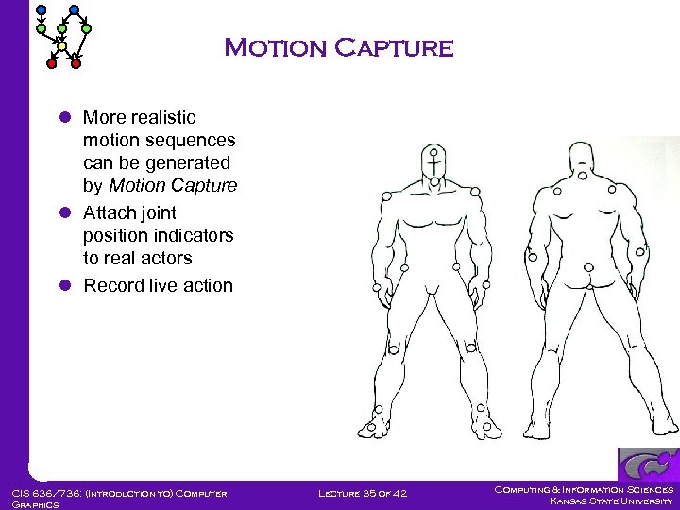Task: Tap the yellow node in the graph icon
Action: [x=61, y=45]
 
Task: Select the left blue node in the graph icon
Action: [x=40, y=11]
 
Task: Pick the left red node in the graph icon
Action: [x=53, y=64]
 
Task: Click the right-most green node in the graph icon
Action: [x=86, y=29]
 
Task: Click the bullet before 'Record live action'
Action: [x=65, y=285]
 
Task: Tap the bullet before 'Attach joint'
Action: [x=65, y=212]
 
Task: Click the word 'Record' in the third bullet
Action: [x=111, y=285]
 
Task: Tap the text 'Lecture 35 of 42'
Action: [x=363, y=493]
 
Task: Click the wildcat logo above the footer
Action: [x=648, y=465]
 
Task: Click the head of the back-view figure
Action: [x=583, y=159]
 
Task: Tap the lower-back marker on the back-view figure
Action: [x=590, y=267]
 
